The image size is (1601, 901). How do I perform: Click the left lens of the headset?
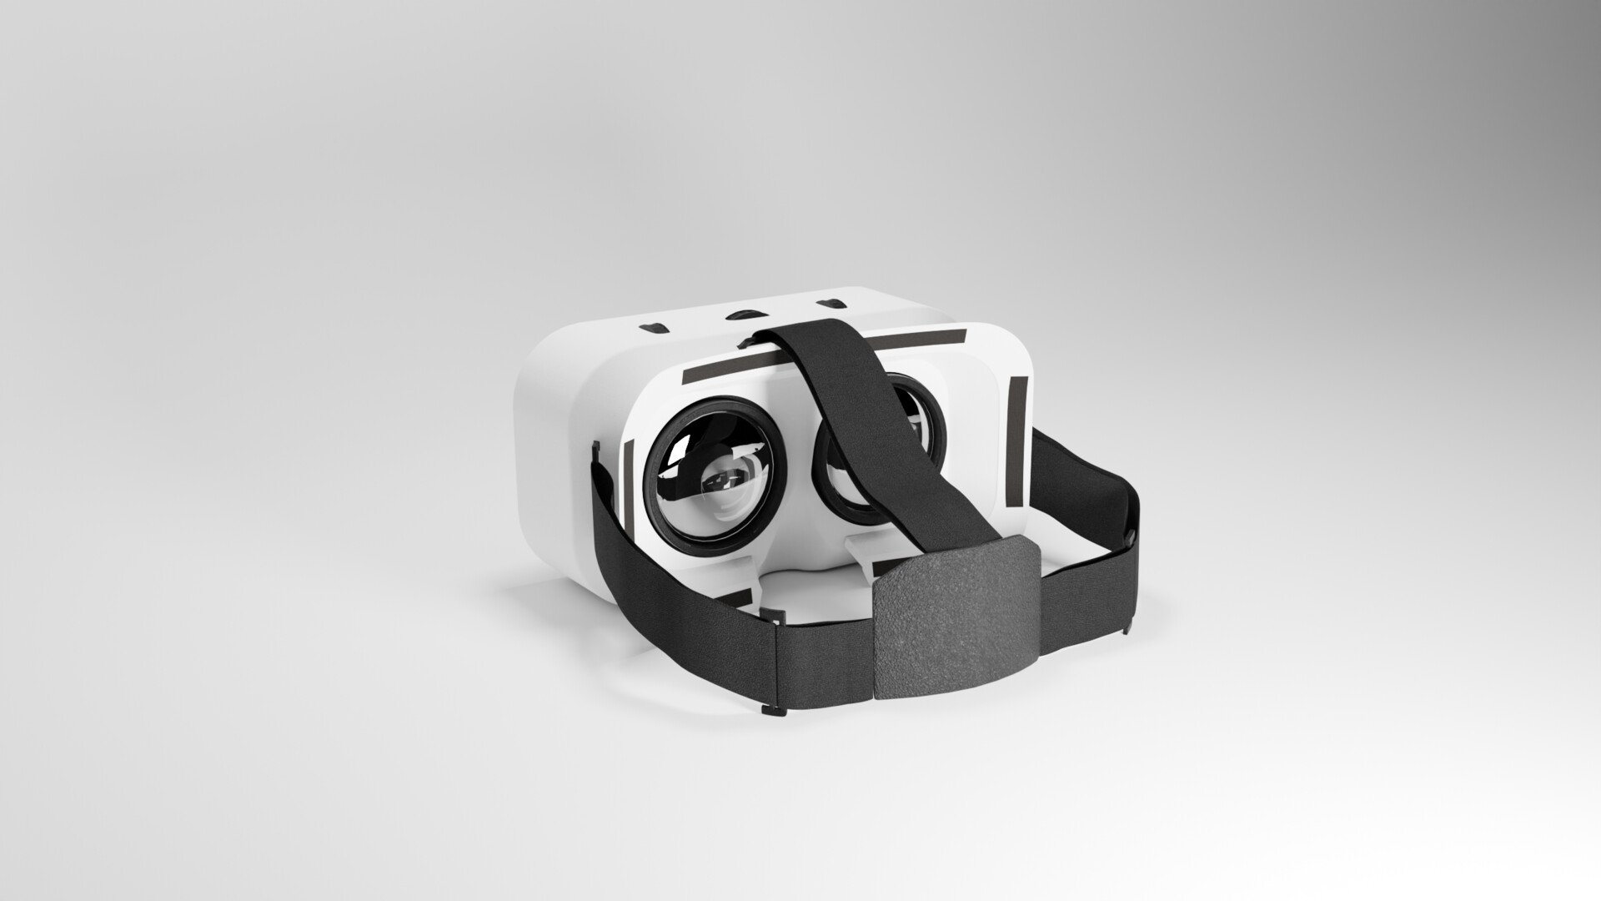(x=713, y=476)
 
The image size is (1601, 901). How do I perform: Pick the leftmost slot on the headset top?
(x=655, y=326)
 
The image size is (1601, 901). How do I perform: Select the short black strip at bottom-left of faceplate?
(x=160, y=598)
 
